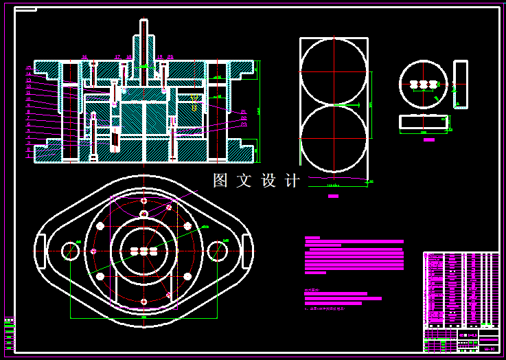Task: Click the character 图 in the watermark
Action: [x=220, y=181]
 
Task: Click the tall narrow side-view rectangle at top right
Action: [x=461, y=85]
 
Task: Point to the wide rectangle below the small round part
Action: [x=423, y=122]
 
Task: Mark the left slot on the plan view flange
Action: [x=40, y=251]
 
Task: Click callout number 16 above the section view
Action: [x=84, y=57]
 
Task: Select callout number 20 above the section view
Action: [x=170, y=57]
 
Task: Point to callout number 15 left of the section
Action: [x=29, y=68]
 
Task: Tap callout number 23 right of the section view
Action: [x=244, y=124]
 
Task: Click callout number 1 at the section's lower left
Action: [x=29, y=156]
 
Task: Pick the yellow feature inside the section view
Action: [x=194, y=106]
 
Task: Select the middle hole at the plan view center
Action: [x=143, y=251]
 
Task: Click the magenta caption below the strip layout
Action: [x=334, y=196]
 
